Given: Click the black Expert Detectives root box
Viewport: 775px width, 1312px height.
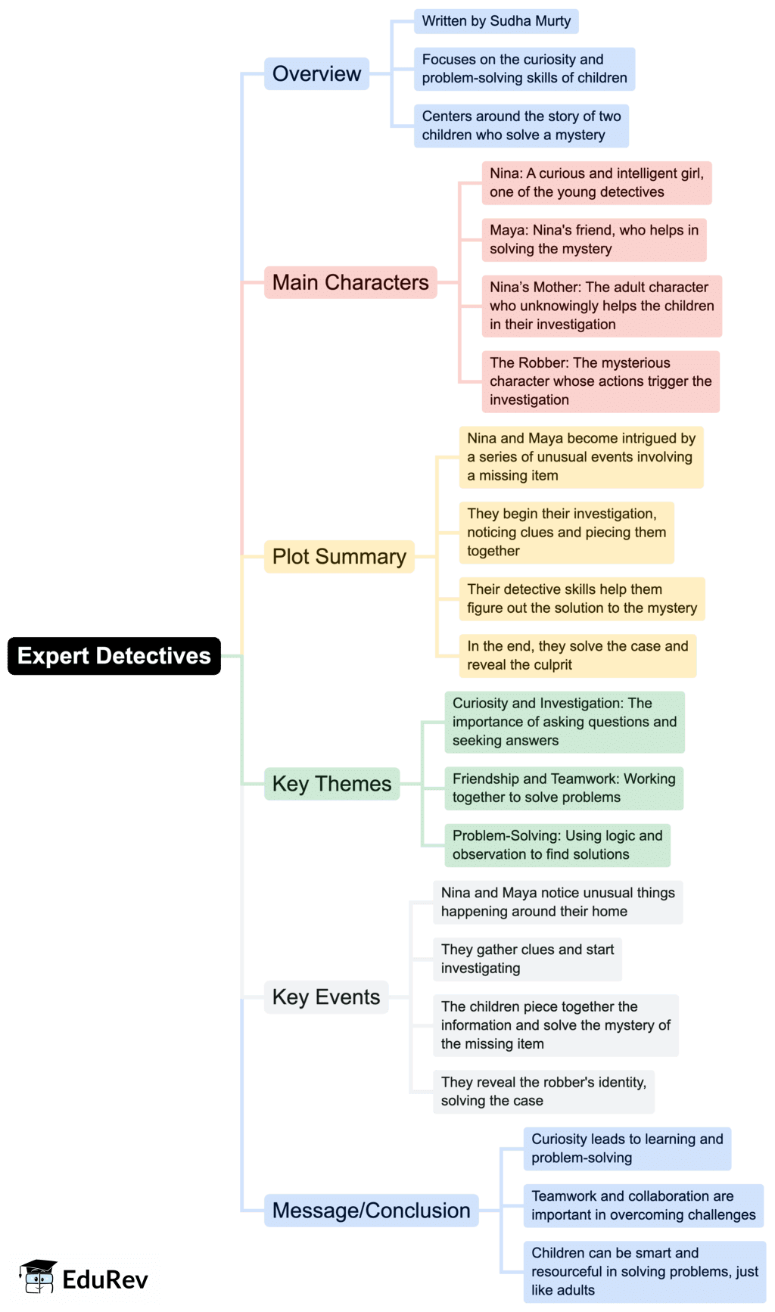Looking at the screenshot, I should pos(114,656).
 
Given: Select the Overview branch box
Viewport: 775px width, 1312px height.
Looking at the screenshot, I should pos(316,74).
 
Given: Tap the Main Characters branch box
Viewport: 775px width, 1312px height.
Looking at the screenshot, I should pos(350,282).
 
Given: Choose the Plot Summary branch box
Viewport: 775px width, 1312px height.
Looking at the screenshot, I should pos(339,557).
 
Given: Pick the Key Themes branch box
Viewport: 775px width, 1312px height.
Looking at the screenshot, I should pos(331,784).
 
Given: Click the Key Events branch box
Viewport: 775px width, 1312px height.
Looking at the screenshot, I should pos(325,997).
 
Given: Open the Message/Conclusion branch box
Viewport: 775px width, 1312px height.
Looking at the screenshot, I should pos(371,1211).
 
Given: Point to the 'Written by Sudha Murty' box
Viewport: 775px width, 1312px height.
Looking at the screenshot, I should pos(496,21).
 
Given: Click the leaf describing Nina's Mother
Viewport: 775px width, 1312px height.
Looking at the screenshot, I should pos(602,306).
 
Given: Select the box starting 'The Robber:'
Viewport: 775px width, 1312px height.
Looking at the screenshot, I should pos(600,381).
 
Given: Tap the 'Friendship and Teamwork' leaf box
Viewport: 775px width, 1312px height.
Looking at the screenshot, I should pos(564,788).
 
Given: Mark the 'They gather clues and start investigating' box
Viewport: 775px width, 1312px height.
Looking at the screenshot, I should pos(528,959).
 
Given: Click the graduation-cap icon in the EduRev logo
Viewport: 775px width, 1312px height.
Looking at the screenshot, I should pos(38,1278).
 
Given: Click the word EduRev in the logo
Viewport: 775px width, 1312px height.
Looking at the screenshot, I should pos(105,1279).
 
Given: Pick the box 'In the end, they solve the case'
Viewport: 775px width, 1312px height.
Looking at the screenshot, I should pos(577,655).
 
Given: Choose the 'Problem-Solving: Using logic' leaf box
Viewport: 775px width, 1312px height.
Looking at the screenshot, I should pos(557,844).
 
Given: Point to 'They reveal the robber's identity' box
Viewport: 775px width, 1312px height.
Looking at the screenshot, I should pos(543,1091).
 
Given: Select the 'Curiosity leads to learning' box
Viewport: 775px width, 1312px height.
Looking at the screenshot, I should pos(627,1148).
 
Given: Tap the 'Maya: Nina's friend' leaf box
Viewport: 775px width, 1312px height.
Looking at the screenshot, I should pos(594,239).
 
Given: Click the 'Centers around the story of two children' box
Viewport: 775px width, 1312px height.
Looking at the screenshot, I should pos(521,126).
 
